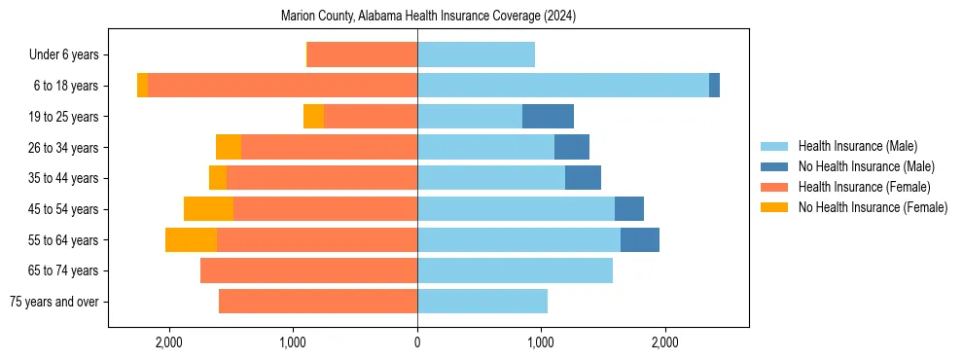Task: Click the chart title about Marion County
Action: coord(428,16)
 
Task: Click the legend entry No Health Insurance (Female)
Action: coord(872,207)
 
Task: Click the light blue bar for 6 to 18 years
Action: coord(563,86)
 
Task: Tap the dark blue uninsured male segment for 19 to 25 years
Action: coord(548,117)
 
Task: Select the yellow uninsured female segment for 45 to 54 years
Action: coord(208,209)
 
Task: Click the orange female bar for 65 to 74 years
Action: coord(308,270)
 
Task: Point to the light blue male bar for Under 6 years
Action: coord(476,55)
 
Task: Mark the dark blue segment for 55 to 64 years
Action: coord(640,240)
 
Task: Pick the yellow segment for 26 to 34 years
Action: coord(229,148)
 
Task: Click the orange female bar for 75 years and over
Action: coord(318,302)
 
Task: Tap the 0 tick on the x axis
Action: coord(417,342)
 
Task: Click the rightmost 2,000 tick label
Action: coord(665,342)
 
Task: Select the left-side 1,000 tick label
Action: coord(294,342)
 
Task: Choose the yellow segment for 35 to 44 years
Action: coord(218,178)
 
